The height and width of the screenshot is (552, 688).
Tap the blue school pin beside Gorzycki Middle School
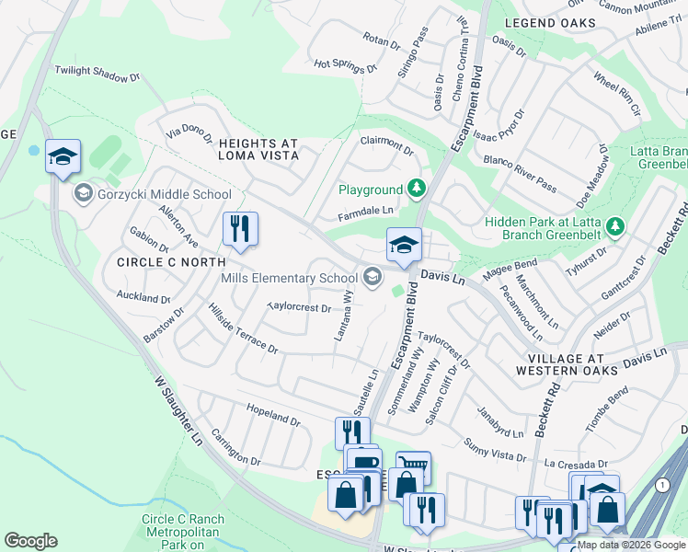pos(63,157)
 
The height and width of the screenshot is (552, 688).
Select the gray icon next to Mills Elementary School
pos(373,277)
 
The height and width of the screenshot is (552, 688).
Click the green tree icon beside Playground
pos(418,189)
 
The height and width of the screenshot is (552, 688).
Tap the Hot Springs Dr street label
pos(345,65)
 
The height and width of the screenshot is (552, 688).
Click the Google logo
pos(30,541)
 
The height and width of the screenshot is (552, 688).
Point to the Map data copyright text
pos(631,545)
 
